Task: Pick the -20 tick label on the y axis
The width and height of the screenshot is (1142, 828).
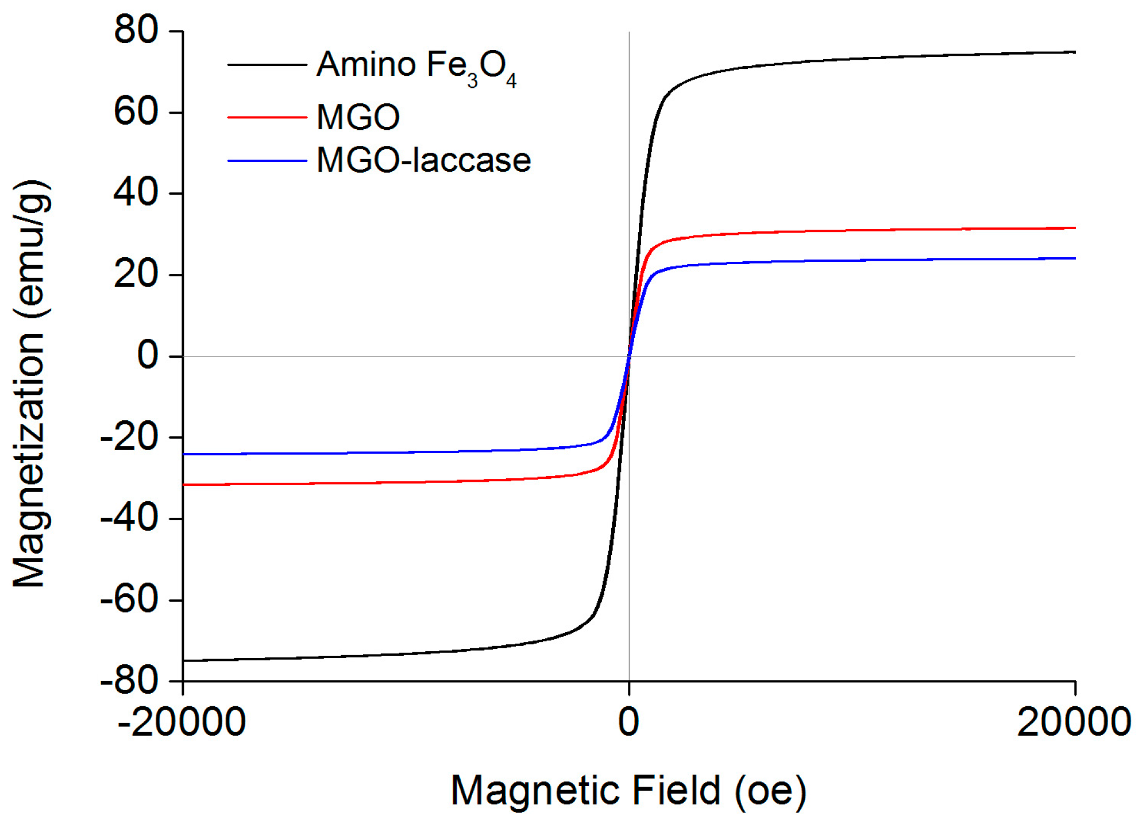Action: (x=129, y=438)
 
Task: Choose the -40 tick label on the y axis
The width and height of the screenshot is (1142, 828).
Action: (x=129, y=519)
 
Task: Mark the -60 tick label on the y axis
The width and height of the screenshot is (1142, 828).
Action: (x=129, y=601)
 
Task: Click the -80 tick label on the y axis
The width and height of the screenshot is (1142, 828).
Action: (x=129, y=682)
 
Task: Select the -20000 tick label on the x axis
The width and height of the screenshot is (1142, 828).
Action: (x=182, y=722)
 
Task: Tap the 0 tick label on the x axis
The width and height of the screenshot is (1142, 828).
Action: (x=628, y=722)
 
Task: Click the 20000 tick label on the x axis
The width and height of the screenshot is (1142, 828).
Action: (x=1073, y=722)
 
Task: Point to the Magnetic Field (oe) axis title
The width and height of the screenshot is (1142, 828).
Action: (x=628, y=792)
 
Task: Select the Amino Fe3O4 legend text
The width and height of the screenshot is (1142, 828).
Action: (x=416, y=67)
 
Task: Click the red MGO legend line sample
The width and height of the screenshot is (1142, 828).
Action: (x=267, y=117)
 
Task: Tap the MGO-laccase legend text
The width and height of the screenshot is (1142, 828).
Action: (x=423, y=160)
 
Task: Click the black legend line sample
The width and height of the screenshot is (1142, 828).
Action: (x=267, y=65)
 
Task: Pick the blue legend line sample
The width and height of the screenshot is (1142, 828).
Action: (x=267, y=161)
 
